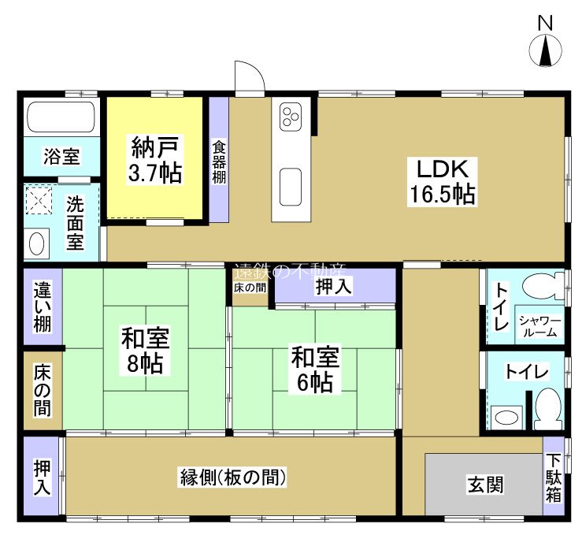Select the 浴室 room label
pyautogui.click(x=61, y=157)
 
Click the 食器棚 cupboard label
pyautogui.click(x=218, y=162)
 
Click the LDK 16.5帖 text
pyautogui.click(x=441, y=180)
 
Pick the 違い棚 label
pyautogui.click(x=42, y=307)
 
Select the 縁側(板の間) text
pyautogui.click(x=232, y=477)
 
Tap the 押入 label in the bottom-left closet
pyautogui.click(x=42, y=477)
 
